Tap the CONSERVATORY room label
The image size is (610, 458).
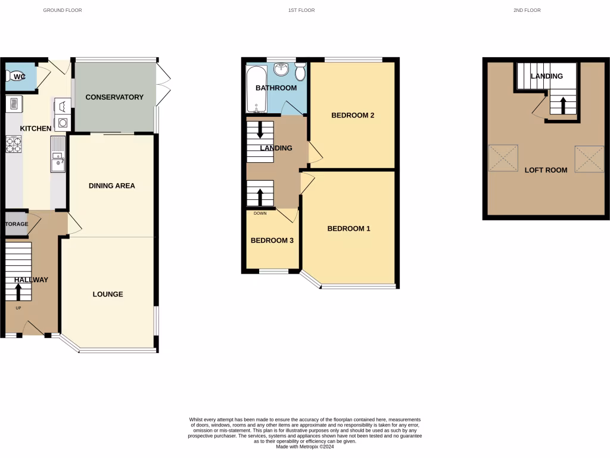114,97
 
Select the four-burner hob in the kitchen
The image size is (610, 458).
14,145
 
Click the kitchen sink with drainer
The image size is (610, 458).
58,154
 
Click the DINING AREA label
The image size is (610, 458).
112,186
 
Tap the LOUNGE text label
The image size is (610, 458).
108,294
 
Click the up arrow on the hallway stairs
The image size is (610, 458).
18,292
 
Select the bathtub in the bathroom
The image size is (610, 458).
257,89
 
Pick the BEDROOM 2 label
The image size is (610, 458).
353,116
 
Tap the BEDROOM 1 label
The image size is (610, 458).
349,228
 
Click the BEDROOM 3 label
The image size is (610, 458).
272,241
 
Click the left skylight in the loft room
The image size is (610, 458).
503,158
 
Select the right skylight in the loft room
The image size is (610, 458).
589,158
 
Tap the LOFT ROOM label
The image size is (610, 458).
546,170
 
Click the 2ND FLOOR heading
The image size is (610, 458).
527,10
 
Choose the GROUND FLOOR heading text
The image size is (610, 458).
63,10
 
